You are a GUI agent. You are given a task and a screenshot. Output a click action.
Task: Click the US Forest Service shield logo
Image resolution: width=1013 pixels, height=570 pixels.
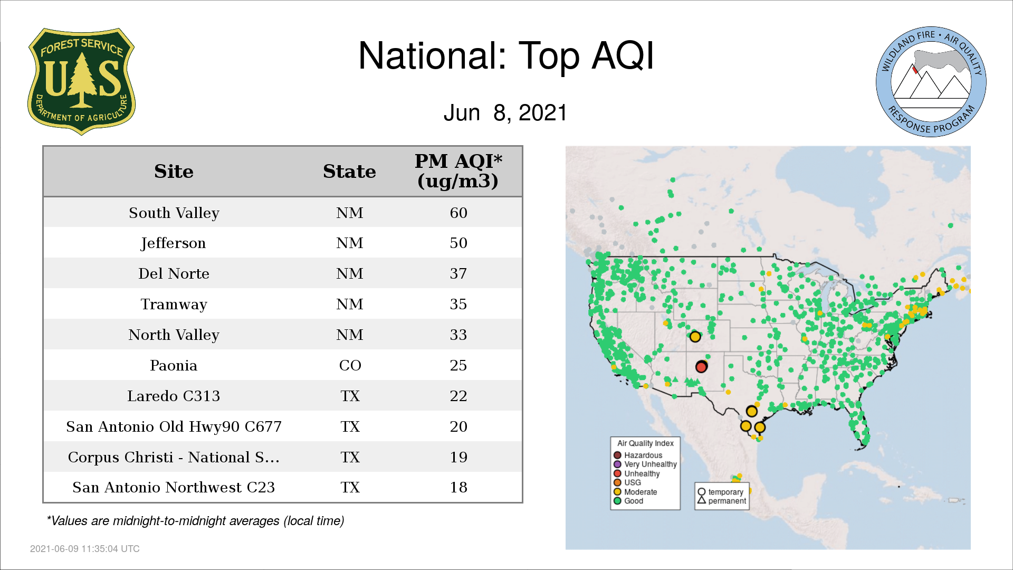point(81,82)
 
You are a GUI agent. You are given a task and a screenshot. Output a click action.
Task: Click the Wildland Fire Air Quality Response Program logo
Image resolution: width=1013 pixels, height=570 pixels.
point(931,82)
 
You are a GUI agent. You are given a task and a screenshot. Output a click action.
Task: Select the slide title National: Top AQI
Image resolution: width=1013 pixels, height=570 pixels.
point(506,56)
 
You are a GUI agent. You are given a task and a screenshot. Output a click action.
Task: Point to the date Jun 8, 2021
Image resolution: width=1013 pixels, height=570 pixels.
point(505,113)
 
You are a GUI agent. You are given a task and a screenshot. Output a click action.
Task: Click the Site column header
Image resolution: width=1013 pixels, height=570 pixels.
point(174,172)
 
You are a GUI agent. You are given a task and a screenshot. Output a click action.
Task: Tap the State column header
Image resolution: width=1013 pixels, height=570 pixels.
point(349,172)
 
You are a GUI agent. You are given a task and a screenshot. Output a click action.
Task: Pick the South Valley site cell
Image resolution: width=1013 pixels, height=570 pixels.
point(174,213)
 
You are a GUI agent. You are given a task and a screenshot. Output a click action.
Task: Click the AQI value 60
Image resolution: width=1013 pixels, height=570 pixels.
point(458,213)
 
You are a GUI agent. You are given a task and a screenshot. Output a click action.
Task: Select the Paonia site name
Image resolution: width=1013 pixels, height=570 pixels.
point(174,365)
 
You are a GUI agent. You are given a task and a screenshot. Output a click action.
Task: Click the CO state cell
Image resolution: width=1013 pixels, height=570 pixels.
point(350,365)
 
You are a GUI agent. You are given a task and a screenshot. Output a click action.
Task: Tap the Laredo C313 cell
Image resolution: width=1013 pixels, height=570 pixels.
point(174,396)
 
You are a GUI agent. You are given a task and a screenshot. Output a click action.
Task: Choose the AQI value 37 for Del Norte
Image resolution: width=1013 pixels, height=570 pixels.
point(458,273)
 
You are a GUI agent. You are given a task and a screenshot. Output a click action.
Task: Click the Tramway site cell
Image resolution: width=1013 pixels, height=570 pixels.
point(174,305)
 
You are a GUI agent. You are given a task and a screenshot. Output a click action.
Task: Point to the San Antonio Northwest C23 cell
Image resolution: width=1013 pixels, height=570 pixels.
point(174,487)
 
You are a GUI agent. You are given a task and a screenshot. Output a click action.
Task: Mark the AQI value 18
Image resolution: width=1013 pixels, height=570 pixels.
point(458,487)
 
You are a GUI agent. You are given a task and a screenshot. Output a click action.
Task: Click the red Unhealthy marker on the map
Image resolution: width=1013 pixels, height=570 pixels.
point(701,367)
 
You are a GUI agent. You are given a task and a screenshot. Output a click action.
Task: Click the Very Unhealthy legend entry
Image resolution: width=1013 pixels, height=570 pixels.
point(645,464)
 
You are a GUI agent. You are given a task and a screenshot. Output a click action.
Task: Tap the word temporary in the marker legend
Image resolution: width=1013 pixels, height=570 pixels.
point(725,492)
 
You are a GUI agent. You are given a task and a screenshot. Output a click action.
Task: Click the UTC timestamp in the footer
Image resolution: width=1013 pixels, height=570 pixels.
point(85,549)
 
